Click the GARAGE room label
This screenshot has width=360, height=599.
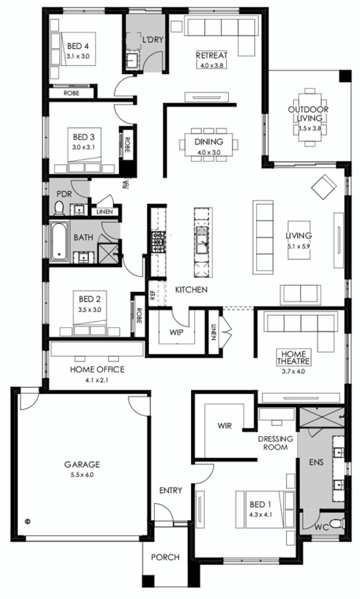coord(82,464)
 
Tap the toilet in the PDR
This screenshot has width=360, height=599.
coord(59,209)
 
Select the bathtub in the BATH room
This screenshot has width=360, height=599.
coord(59,242)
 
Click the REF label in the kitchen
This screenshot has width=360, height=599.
coord(153,295)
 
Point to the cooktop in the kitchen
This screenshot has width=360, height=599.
coord(158,242)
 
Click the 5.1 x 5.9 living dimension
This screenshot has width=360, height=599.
coord(299,246)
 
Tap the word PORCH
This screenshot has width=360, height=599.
coord(165,557)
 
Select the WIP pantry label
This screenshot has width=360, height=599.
coord(176,332)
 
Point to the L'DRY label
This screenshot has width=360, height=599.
coord(153,40)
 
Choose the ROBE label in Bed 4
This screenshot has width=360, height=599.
coord(72,93)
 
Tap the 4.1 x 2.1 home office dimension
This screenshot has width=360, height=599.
coord(97,380)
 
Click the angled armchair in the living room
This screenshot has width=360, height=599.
coord(324,186)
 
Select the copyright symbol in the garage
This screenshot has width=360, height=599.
coord(27,521)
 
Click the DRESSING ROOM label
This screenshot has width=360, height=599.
coord(275,443)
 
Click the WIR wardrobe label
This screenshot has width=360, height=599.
coord(225,426)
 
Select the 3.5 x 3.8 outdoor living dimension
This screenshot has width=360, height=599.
coord(309,129)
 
